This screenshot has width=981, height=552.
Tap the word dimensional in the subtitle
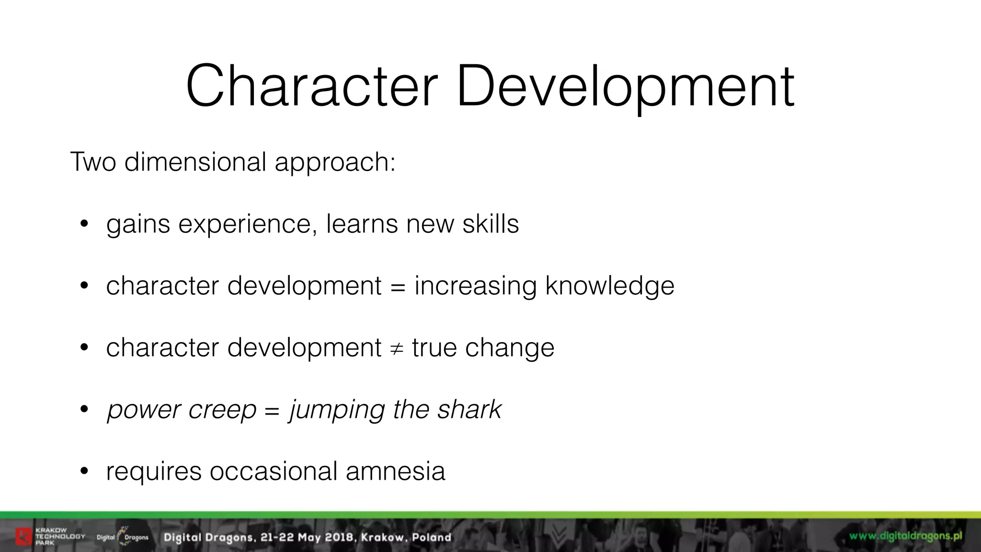pyautogui.click(x=195, y=162)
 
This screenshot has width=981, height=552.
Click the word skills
pyautogui.click(x=490, y=224)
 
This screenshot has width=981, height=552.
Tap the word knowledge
pyautogui.click(x=609, y=287)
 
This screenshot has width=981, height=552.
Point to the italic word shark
pyautogui.click(x=469, y=410)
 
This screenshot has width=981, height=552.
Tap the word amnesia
pyautogui.click(x=395, y=471)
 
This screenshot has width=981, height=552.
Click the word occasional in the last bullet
pyautogui.click(x=274, y=471)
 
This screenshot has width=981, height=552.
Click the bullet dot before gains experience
pyautogui.click(x=84, y=224)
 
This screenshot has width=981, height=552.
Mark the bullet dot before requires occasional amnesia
pyautogui.click(x=84, y=471)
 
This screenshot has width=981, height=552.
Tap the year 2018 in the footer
pyautogui.click(x=339, y=538)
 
